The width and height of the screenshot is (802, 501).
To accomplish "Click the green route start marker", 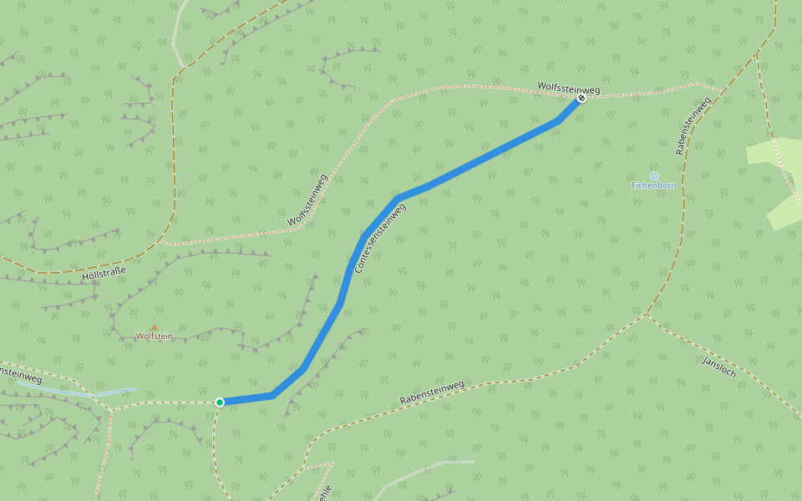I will pos(220,402).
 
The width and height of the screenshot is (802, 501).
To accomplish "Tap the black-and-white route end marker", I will pos(581,98).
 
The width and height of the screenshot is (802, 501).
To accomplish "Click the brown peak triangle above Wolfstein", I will pos(154,327).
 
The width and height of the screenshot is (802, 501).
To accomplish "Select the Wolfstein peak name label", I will pos(155,337).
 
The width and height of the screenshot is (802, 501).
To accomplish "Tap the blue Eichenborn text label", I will pos(654,185).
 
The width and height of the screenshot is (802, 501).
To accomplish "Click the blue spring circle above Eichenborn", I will pos(654,176).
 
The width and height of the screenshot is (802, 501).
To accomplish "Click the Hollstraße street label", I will pos(104,272).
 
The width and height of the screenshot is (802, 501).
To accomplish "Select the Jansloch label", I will pos(719,367).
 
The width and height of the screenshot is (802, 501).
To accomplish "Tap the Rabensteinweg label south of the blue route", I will pos(431,392).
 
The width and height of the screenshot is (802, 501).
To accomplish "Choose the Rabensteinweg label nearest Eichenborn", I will pos(693,126).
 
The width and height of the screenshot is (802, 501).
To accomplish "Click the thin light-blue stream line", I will pos(92,392).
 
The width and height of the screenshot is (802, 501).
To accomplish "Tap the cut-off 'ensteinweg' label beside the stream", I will pos(21,375).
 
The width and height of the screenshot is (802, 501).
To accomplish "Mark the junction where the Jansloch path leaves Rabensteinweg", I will pos(646,315).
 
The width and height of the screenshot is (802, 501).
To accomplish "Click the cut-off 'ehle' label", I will pos(326,492).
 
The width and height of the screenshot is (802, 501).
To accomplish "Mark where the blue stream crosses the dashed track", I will pos(93,394).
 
